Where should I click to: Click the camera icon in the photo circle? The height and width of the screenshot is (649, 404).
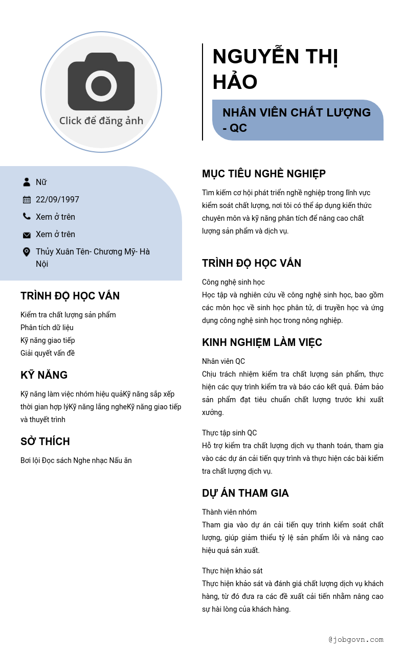[x=101, y=82]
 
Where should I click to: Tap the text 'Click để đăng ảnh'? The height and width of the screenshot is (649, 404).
[x=101, y=121]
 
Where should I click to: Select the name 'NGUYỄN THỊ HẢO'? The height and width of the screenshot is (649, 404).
[x=275, y=69]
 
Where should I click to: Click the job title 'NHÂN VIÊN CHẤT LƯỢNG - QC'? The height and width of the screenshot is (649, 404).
[x=297, y=120]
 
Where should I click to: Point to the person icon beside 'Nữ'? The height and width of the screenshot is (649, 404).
[x=27, y=182]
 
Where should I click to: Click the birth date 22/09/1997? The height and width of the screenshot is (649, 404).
[x=57, y=200]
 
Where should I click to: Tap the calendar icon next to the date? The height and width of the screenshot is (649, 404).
[x=27, y=200]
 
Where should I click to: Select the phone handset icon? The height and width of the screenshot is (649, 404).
[x=27, y=217]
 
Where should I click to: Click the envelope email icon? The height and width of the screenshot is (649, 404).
[x=27, y=235]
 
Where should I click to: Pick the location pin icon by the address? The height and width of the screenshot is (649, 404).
[x=27, y=252]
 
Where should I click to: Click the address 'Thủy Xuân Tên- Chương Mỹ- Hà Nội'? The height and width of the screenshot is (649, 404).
[x=93, y=258]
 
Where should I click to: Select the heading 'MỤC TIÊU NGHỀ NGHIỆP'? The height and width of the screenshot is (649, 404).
[x=264, y=174]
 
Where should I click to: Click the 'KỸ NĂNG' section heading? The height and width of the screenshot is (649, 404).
[x=44, y=375]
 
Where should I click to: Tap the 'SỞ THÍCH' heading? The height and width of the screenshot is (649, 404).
[x=45, y=442]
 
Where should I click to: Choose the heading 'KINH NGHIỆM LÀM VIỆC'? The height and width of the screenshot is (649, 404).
[x=262, y=342]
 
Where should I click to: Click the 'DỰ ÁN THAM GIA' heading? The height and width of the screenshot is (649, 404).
[x=245, y=493]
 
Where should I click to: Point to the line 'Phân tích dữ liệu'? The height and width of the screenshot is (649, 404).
[x=47, y=328]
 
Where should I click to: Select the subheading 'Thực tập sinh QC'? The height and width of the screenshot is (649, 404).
[x=230, y=433]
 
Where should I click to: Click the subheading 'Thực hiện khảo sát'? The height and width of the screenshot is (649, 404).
[x=232, y=571]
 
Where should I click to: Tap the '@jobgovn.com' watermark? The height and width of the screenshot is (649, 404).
[x=356, y=639]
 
